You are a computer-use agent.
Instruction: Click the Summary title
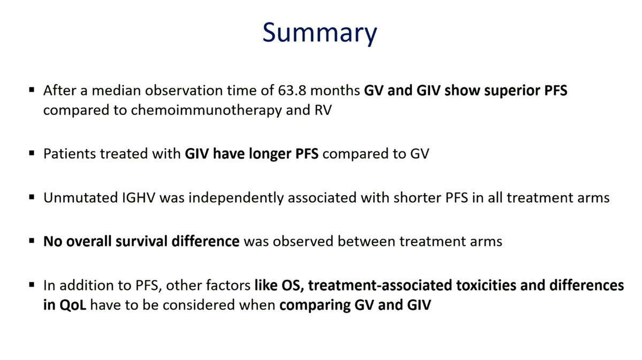click(x=319, y=33)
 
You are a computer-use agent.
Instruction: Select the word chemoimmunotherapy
click(x=206, y=111)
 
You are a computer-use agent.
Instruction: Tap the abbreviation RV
click(x=323, y=110)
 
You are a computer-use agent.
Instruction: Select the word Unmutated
click(x=81, y=198)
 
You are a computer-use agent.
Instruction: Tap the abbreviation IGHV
click(x=139, y=198)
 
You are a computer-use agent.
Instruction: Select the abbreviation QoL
click(x=73, y=305)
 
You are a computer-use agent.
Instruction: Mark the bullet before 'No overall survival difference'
click(x=32, y=241)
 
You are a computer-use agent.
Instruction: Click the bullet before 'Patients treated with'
click(x=32, y=153)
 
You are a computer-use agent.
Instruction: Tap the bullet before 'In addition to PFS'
click(x=32, y=285)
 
